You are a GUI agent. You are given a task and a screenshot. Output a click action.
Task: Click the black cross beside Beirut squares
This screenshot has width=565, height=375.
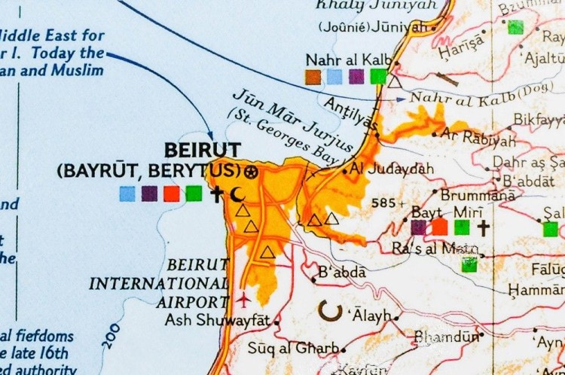(217, 194)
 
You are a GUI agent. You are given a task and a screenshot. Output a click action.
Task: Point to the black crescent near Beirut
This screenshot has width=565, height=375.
(238, 194)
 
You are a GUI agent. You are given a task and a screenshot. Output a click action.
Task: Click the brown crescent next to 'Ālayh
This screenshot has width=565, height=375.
(328, 309)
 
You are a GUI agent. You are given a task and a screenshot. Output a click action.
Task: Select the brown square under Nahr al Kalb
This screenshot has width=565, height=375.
(313, 76)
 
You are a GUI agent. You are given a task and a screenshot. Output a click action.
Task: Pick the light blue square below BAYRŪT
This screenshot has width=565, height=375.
(127, 194)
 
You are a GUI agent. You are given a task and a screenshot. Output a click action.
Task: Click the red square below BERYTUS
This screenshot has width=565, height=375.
(172, 194)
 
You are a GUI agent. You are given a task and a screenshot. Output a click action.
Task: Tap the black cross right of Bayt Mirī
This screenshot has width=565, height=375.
(483, 227)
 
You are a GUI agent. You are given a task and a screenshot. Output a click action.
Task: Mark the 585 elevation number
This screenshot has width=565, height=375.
(383, 203)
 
